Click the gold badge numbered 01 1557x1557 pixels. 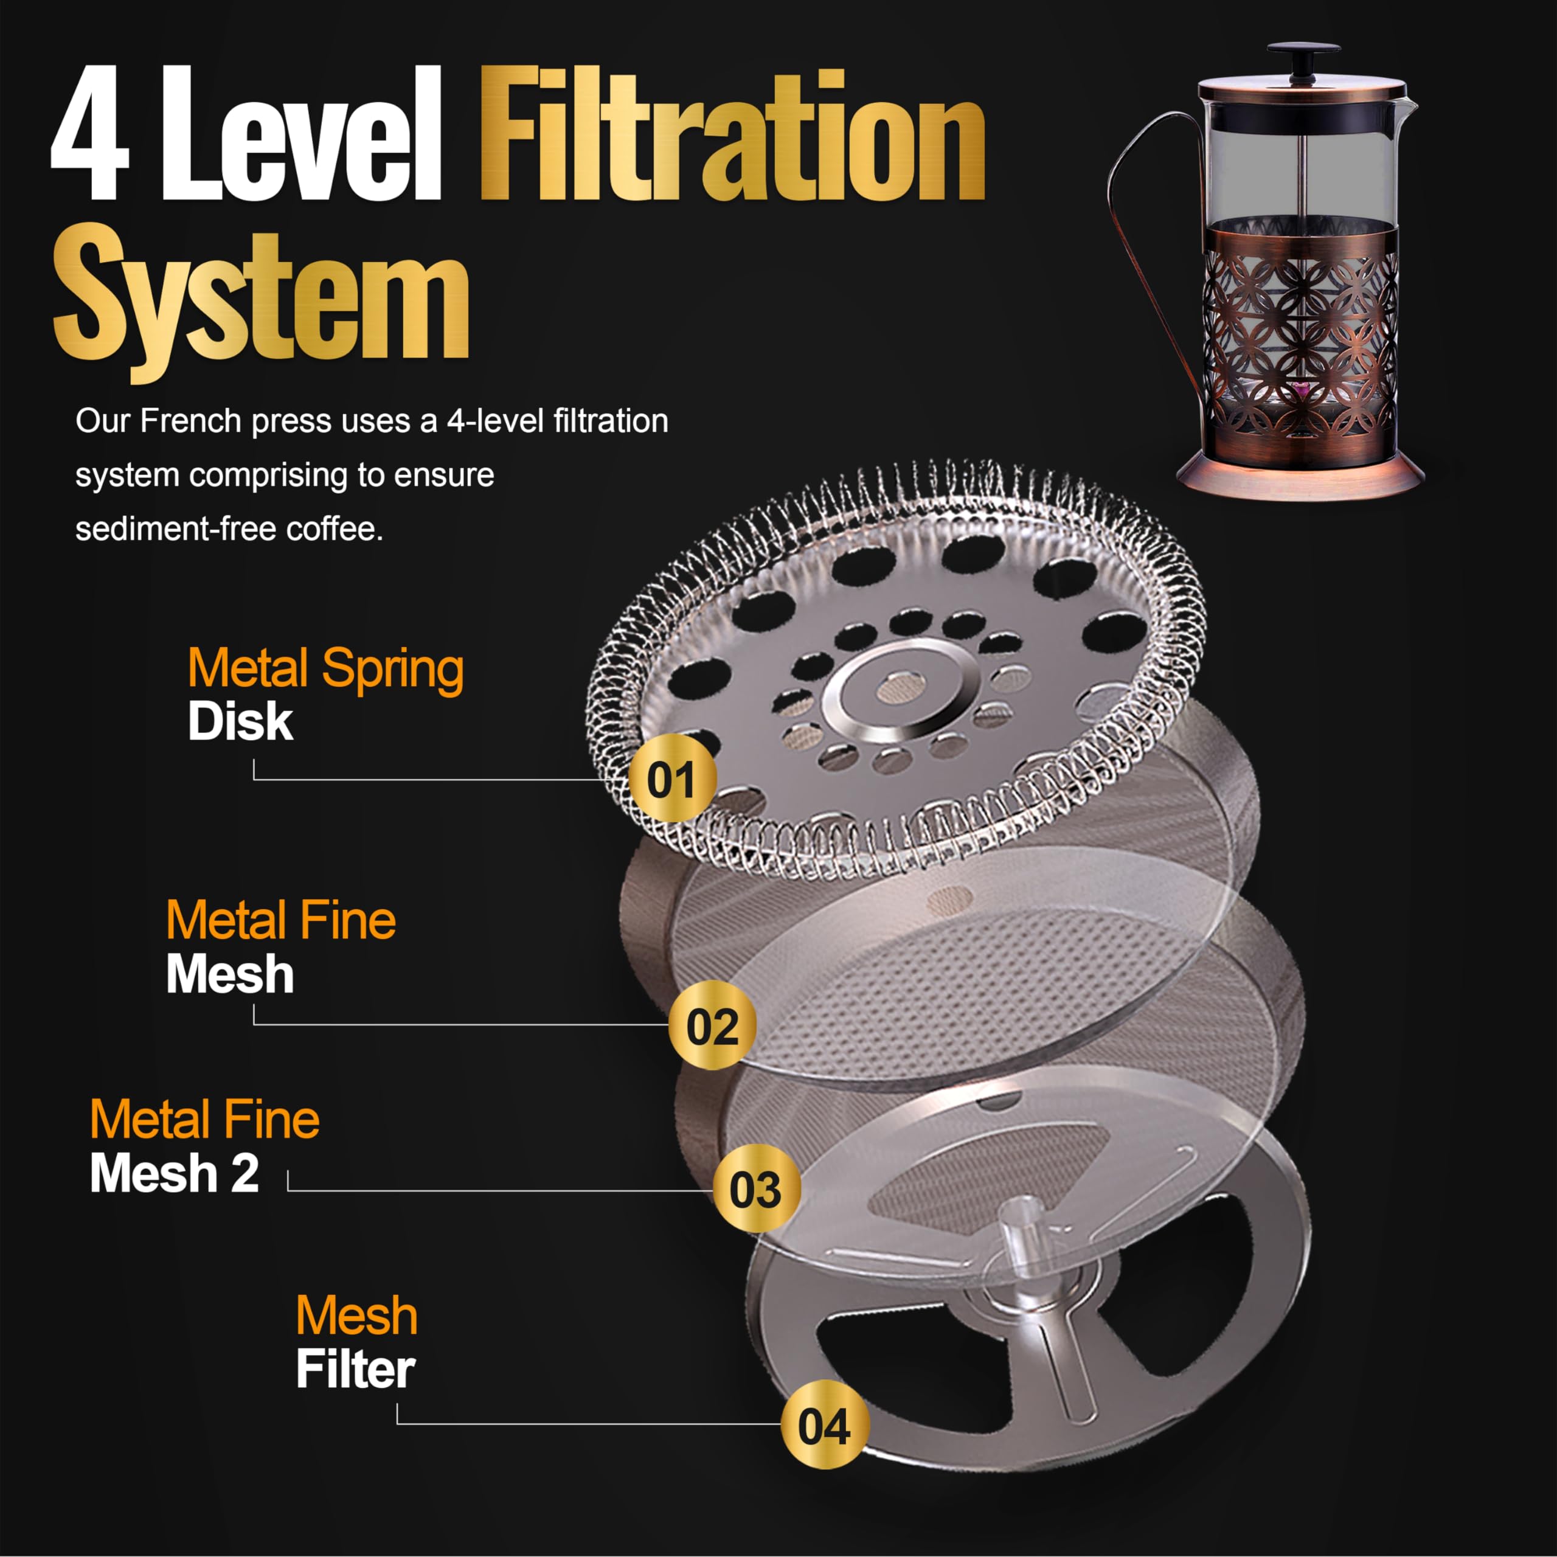tap(671, 778)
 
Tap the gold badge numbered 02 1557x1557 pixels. tap(712, 1025)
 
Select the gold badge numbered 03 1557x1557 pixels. tap(756, 1188)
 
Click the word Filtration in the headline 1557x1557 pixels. tap(732, 136)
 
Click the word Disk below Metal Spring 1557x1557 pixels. tap(240, 721)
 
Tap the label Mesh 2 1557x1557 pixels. tap(174, 1173)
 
